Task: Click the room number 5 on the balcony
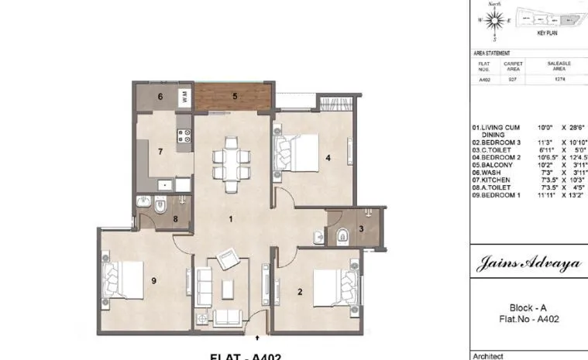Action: [x=236, y=97]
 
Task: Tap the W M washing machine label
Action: [x=184, y=97]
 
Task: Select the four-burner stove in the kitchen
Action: [x=185, y=137]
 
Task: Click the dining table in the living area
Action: [x=231, y=163]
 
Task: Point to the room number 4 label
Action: [x=328, y=159]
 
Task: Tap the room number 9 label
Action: [x=154, y=281]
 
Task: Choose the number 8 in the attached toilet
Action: [x=176, y=219]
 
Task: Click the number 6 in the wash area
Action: [x=160, y=97]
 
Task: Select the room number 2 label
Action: [x=300, y=291]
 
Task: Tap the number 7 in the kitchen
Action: [x=160, y=151]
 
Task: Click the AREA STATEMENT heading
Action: [x=492, y=53]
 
